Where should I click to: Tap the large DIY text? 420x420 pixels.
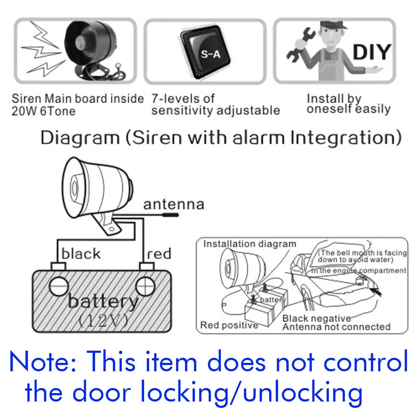pyautogui.click(x=371, y=52)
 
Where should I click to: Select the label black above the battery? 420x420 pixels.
pyautogui.click(x=81, y=254)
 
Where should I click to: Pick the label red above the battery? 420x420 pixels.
pyautogui.click(x=160, y=254)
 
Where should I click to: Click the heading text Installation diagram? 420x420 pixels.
pyautogui.click(x=249, y=244)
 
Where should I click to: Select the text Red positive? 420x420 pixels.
pyautogui.click(x=229, y=325)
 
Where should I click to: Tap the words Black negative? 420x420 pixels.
pyautogui.click(x=316, y=319)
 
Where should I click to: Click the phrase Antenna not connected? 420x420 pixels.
pyautogui.click(x=336, y=327)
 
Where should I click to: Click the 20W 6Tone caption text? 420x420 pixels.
pyautogui.click(x=43, y=111)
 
